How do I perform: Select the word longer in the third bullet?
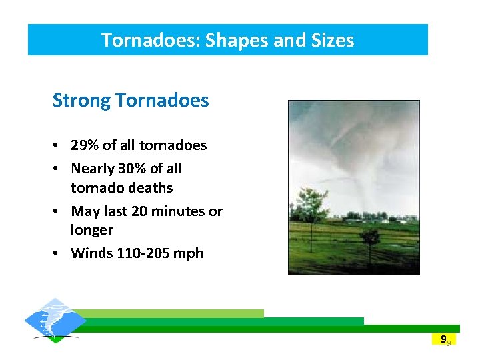pos(92,230)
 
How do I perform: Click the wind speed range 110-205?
pos(141,253)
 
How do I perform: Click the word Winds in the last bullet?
pos(91,253)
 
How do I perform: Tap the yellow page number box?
pos(443,339)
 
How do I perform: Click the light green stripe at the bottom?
pos(173,313)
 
